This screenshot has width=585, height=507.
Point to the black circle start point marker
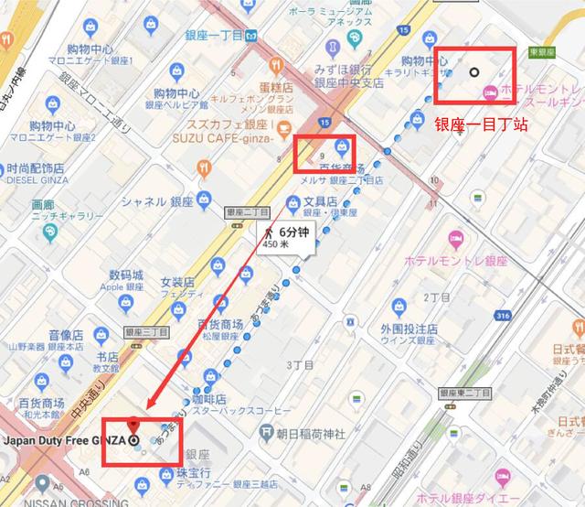473,70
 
